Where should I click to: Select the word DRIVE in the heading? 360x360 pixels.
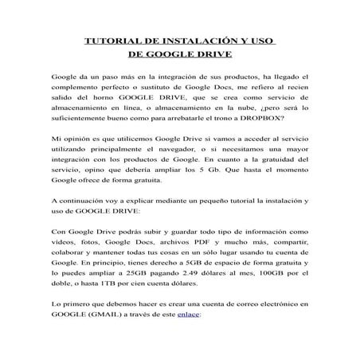(209, 56)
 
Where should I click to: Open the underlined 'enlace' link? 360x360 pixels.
(190, 315)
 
